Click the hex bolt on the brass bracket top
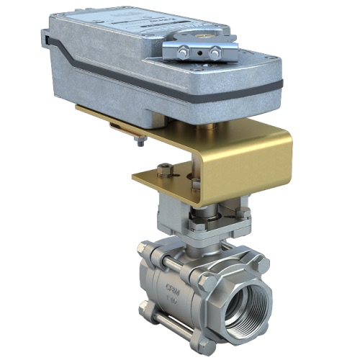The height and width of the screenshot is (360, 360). pos(166,170)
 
